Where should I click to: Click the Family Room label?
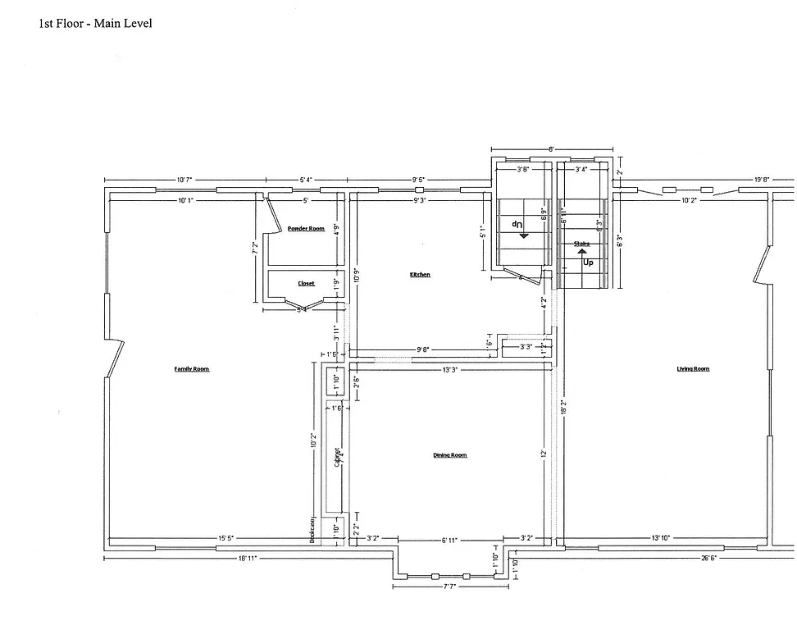[x=191, y=369]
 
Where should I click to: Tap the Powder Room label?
[x=306, y=229]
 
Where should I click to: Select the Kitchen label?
[x=420, y=275]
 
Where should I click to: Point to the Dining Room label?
[x=450, y=455]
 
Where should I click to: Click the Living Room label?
[x=693, y=369]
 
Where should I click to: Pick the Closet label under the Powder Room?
[x=306, y=284]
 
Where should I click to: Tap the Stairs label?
[x=582, y=244]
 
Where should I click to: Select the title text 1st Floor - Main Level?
[x=95, y=23]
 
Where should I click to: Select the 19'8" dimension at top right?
[x=762, y=180]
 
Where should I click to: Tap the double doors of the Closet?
[x=304, y=305]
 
